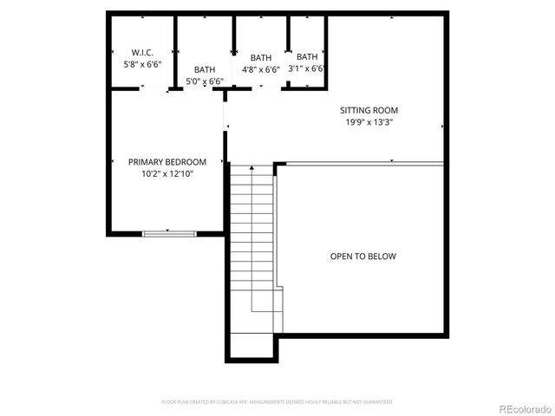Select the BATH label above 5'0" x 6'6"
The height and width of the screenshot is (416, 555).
(205, 69)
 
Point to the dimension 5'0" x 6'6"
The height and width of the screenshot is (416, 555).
(205, 81)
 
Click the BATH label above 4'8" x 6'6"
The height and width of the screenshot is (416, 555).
(260, 57)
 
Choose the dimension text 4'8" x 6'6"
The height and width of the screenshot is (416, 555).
(260, 69)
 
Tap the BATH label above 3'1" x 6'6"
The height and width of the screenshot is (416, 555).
(307, 57)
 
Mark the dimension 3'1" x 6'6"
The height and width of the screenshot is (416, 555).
(307, 69)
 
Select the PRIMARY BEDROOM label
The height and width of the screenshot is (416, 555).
(167, 162)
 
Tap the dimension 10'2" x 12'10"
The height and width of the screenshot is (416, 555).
(167, 174)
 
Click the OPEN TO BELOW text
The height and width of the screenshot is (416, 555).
(363, 257)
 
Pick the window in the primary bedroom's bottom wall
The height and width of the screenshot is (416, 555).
(169, 232)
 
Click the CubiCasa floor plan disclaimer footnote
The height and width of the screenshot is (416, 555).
(277, 402)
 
